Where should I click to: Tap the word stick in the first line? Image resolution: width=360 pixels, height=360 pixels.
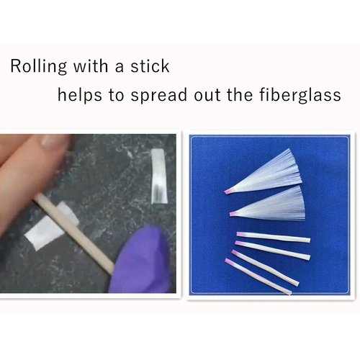tap(150, 66)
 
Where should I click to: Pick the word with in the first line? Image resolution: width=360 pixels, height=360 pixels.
tap(89, 66)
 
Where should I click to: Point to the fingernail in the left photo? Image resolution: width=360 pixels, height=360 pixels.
tap(50, 143)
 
